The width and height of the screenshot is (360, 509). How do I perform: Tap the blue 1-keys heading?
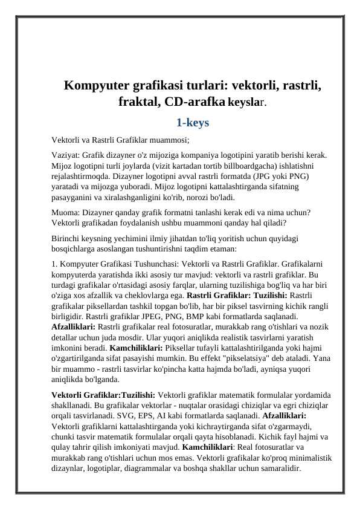tap(192, 123)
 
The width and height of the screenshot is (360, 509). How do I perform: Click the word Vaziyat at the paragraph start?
tap(65, 154)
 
